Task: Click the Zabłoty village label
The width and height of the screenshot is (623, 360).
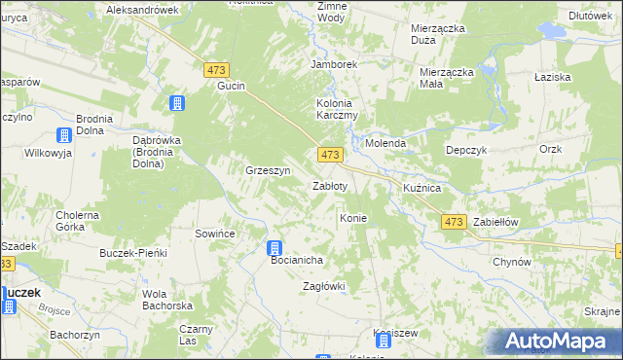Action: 328,186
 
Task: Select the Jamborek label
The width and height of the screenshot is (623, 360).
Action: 334,64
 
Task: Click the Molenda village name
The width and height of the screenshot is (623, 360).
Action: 385,143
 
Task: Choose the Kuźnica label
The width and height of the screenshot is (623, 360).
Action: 422,186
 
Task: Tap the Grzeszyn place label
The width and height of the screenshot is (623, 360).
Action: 269,170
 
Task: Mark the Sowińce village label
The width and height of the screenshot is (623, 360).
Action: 216,234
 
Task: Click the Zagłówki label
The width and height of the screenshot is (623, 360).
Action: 324,286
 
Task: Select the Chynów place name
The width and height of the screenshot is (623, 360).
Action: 511,262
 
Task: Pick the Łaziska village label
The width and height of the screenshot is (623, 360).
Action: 552,76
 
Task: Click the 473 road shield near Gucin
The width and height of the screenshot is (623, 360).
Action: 216,70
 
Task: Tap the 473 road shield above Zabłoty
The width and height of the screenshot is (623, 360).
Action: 330,156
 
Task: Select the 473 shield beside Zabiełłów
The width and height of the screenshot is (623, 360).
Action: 454,223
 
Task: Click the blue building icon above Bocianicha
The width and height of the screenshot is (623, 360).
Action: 275,248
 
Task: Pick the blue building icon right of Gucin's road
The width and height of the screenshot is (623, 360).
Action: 177,103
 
